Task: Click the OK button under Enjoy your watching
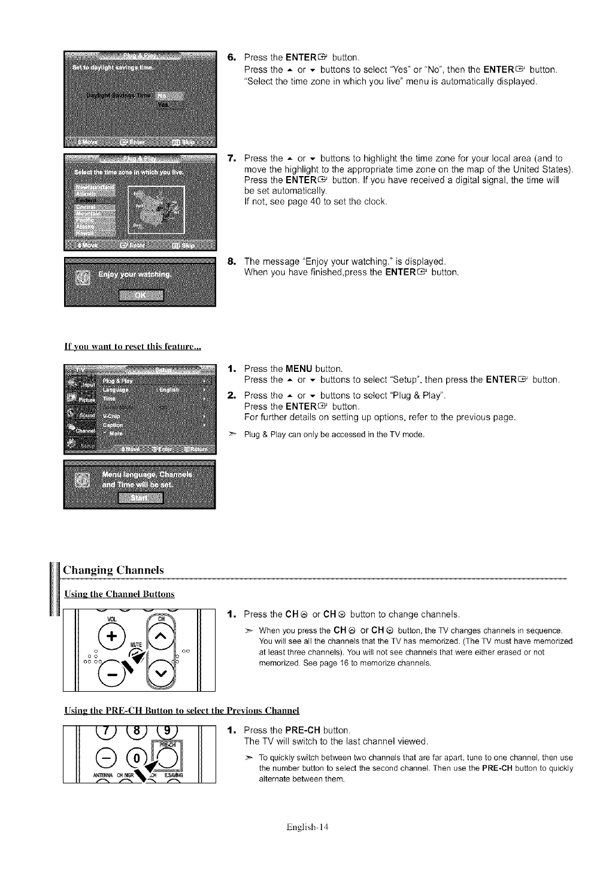141,295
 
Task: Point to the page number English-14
308,828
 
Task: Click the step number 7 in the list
232,159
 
